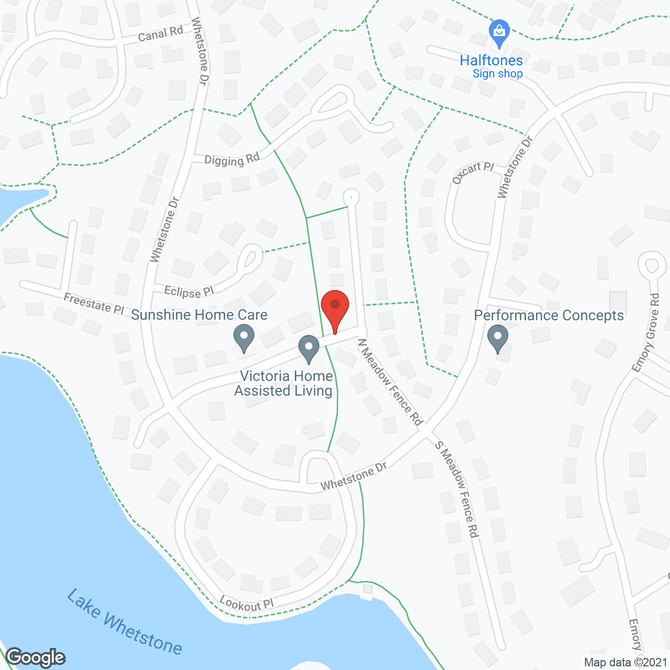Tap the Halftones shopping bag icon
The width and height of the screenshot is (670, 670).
point(499,32)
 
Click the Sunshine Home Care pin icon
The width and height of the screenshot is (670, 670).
point(243,337)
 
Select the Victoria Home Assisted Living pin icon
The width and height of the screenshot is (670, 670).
point(309,348)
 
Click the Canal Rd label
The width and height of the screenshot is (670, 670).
point(160,34)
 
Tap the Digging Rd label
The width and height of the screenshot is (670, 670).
point(232,160)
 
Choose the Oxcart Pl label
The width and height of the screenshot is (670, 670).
point(473,172)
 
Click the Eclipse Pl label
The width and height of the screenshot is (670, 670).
point(189,291)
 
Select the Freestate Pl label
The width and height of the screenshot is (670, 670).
point(94,304)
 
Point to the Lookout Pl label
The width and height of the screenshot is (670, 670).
point(247,604)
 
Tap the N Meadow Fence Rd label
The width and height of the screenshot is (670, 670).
point(390,382)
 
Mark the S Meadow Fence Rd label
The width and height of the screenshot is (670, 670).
point(457,489)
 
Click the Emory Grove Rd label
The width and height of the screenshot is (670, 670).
point(646,332)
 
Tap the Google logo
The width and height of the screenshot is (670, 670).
point(36,657)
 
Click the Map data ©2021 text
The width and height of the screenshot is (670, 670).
point(626,662)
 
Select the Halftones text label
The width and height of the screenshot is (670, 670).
point(491,61)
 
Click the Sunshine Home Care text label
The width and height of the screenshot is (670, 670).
point(199,315)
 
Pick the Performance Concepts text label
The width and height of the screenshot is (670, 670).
point(549,315)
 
